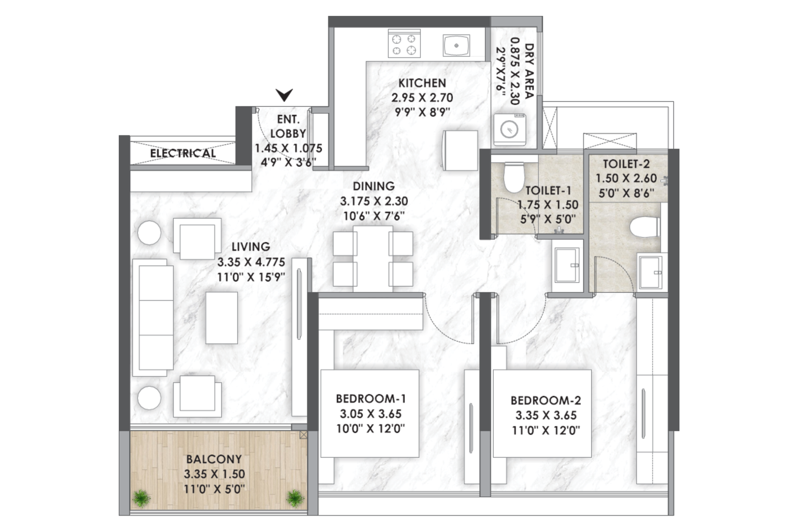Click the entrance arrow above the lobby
[284, 95]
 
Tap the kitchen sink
[456, 45]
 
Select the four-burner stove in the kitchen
[404, 43]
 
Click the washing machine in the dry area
[509, 129]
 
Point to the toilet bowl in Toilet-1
[514, 177]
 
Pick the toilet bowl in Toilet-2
[645, 227]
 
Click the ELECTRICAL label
[183, 154]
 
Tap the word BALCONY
[214, 459]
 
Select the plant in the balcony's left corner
[142, 498]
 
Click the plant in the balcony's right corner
[295, 498]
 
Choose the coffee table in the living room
[221, 318]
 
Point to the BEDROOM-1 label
[371, 398]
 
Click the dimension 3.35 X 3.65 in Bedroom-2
[546, 415]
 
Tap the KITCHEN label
[422, 83]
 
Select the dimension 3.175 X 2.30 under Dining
[374, 201]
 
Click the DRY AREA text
[530, 71]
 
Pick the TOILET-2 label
[626, 164]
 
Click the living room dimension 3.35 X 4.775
[251, 262]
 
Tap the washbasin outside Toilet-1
[567, 265]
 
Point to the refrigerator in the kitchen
[461, 150]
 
